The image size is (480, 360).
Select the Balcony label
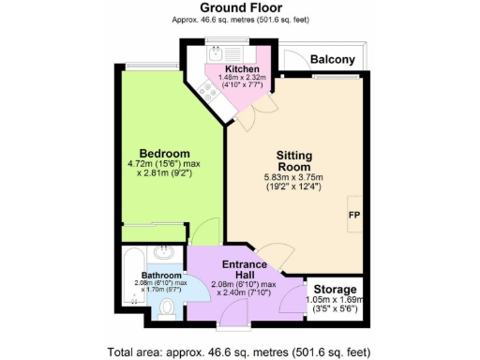[334, 60]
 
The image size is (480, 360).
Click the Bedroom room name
[165, 154]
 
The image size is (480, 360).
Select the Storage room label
[335, 289]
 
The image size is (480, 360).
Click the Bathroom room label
[155, 275]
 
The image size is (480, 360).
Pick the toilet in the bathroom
[169, 308]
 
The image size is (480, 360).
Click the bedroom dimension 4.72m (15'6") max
[165, 165]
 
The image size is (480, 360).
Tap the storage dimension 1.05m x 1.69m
[335, 299]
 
